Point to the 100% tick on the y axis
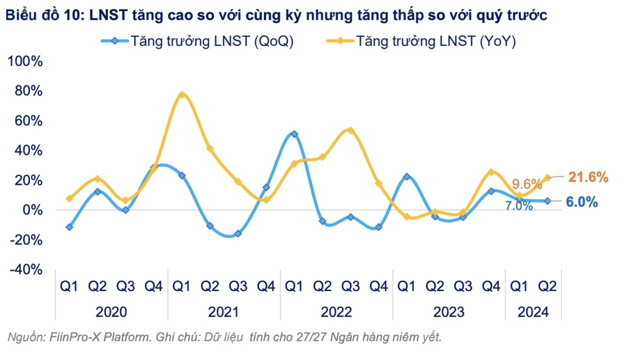(25, 61)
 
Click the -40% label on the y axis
(25, 269)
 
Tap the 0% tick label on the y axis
(32, 210)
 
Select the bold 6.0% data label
(581, 202)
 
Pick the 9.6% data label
(527, 185)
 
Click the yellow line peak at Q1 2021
(182, 94)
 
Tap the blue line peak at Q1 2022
(295, 134)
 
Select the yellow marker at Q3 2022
(350, 130)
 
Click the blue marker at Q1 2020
(69, 227)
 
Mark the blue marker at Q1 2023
(407, 177)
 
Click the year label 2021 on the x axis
(224, 312)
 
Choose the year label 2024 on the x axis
(533, 312)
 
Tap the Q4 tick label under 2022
(378, 285)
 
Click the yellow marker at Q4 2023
(491, 172)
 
